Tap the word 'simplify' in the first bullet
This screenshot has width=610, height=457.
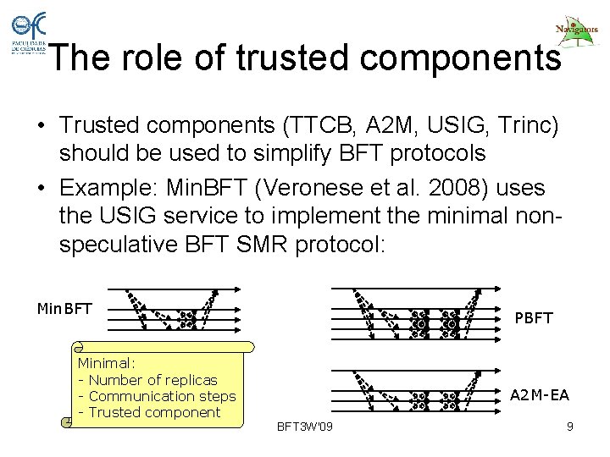(286, 154)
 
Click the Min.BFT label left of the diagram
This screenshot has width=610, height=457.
(64, 309)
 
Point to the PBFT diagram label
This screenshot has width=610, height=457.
(534, 318)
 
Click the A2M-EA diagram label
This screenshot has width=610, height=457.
(539, 395)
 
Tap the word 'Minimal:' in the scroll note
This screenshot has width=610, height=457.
(106, 363)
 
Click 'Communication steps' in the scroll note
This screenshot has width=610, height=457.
(162, 396)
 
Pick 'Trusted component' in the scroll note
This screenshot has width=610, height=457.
(154, 412)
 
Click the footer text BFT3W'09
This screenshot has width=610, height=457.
(305, 426)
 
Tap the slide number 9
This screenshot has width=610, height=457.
(570, 427)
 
